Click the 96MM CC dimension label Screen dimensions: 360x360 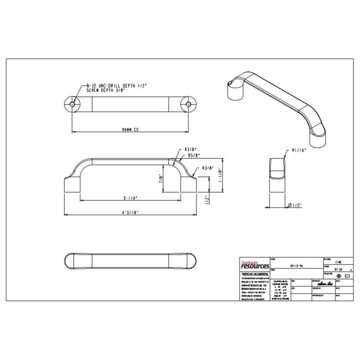[130, 129]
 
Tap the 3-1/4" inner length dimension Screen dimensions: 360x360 [130, 198]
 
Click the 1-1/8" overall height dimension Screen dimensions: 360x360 [219, 176]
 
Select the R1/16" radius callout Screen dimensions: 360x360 [299, 151]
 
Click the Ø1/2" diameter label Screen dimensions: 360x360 [295, 205]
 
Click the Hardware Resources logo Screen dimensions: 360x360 [254, 265]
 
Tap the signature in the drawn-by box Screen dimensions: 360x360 [324, 284]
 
